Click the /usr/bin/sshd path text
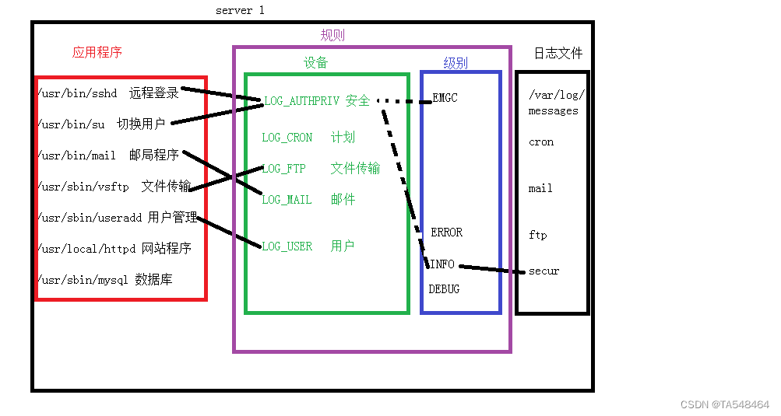(77, 93)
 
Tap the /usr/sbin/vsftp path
(83, 187)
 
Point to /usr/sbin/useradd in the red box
(90, 218)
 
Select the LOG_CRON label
(287, 138)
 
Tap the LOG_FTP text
(284, 169)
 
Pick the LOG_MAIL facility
(287, 200)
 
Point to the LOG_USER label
(287, 246)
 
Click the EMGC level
(445, 99)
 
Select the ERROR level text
(446, 232)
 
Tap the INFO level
(442, 264)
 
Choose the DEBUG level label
(444, 289)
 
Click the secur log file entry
(544, 271)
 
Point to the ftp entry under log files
(537, 235)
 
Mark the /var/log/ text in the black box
(556, 96)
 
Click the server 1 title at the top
(240, 11)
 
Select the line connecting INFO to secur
(491, 269)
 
